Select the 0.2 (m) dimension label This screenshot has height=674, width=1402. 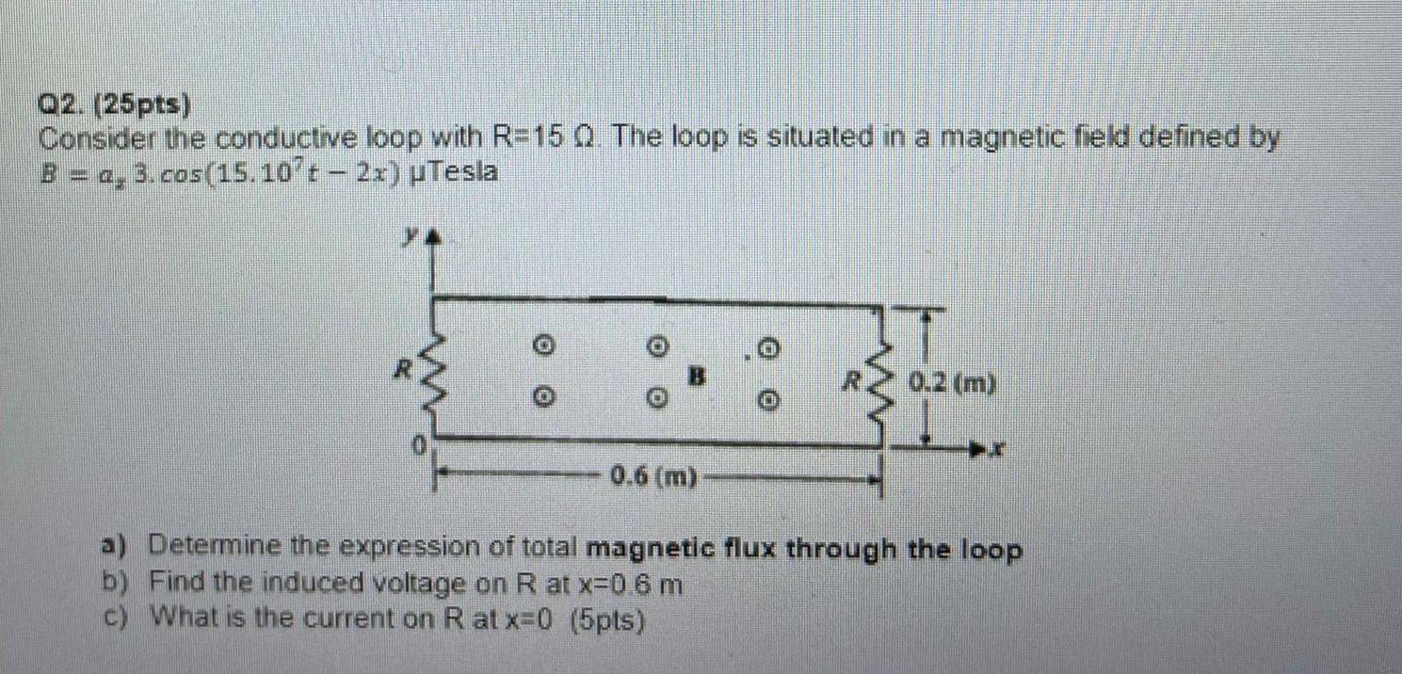click(x=953, y=384)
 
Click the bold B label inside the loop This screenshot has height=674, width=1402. click(x=697, y=376)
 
